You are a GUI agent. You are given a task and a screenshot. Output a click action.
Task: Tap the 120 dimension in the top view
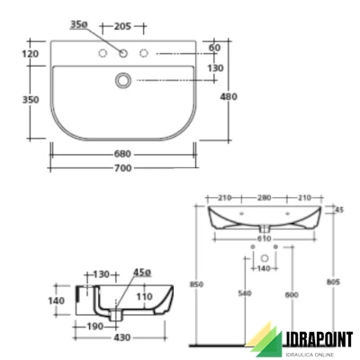pyautogui.click(x=31, y=55)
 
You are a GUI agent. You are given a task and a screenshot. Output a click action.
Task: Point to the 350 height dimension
pyautogui.click(x=31, y=101)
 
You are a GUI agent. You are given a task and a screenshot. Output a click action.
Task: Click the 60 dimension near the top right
pyautogui.click(x=213, y=48)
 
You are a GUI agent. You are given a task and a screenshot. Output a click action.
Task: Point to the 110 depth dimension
pyautogui.click(x=144, y=295)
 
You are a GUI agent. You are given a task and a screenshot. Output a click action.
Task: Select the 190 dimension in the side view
pyautogui.click(x=94, y=328)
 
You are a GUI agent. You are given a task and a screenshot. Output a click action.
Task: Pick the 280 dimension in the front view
pyautogui.click(x=265, y=196)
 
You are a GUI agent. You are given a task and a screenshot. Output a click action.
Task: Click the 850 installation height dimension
pyautogui.click(x=198, y=284)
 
